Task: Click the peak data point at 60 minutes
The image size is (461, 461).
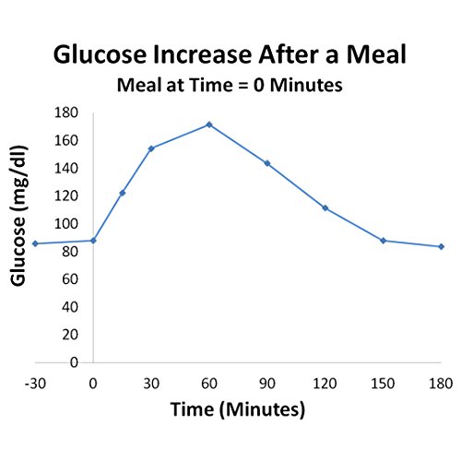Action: pos(209,124)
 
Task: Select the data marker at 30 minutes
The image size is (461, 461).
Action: pos(151,148)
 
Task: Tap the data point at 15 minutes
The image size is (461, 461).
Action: pos(122,193)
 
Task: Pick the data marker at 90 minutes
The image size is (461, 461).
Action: pos(267,163)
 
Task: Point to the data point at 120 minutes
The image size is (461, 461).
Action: pos(325,208)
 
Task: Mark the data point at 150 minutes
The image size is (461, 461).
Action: pos(384,241)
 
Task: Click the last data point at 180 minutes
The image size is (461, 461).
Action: pos(442,246)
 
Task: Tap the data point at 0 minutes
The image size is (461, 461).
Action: pos(93,241)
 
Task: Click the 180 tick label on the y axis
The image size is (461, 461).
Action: pos(67,112)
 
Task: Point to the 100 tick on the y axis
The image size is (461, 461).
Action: pos(67,223)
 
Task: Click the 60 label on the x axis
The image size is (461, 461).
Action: pos(209,381)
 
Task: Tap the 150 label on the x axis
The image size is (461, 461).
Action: pos(384,381)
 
